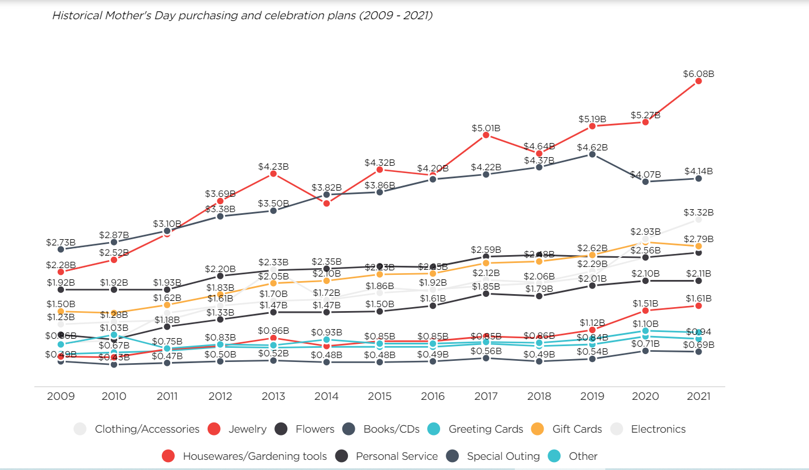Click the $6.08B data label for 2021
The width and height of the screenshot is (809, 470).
click(698, 74)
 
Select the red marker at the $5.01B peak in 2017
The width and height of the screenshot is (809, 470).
click(486, 135)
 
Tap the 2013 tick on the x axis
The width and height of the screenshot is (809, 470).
click(273, 396)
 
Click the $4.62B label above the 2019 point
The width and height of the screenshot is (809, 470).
click(592, 147)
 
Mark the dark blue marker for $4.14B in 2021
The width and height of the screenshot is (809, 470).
click(699, 178)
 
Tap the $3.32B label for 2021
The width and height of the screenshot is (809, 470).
click(698, 213)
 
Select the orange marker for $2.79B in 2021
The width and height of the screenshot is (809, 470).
click(699, 246)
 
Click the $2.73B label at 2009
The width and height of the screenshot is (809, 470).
click(61, 242)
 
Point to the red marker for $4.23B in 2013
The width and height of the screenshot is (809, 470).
click(273, 174)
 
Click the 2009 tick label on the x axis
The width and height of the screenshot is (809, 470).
click(61, 396)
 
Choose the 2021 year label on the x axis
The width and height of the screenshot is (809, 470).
click(699, 396)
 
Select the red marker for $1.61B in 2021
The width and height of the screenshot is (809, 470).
click(699, 305)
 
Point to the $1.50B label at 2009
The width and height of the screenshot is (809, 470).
click(61, 304)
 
